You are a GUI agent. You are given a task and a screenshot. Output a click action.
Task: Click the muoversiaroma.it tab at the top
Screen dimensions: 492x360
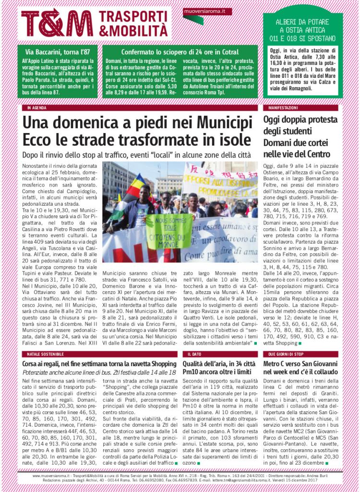coord(207,11)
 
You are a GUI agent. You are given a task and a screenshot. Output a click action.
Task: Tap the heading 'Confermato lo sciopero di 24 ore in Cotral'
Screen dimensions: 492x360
coord(180,51)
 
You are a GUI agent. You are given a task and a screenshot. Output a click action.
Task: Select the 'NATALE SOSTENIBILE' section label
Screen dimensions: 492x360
coord(43,354)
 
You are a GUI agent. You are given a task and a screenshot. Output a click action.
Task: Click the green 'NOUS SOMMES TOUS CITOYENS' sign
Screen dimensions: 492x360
coord(168,232)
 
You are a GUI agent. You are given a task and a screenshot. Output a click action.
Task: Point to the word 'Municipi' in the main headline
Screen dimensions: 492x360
coord(213,122)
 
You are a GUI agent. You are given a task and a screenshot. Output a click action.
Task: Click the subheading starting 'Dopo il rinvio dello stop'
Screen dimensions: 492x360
coord(136,155)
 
